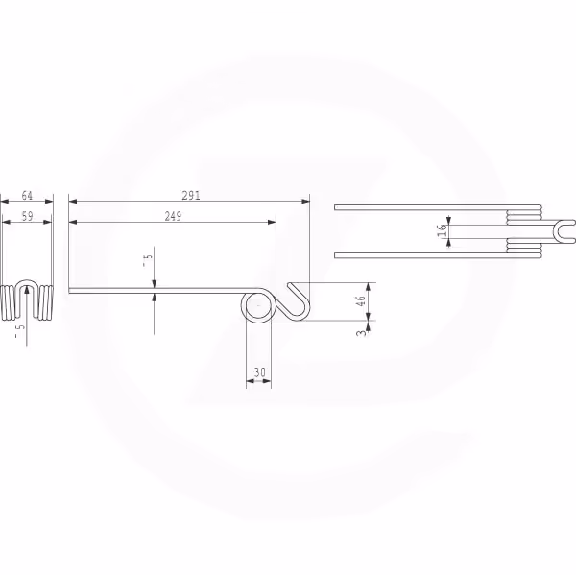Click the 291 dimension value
tap(191, 196)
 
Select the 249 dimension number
tap(173, 216)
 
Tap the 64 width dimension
tap(27, 196)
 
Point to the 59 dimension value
tap(27, 216)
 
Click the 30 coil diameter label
tap(259, 372)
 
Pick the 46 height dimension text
tap(362, 300)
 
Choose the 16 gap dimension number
tap(443, 230)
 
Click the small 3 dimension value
tap(362, 333)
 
